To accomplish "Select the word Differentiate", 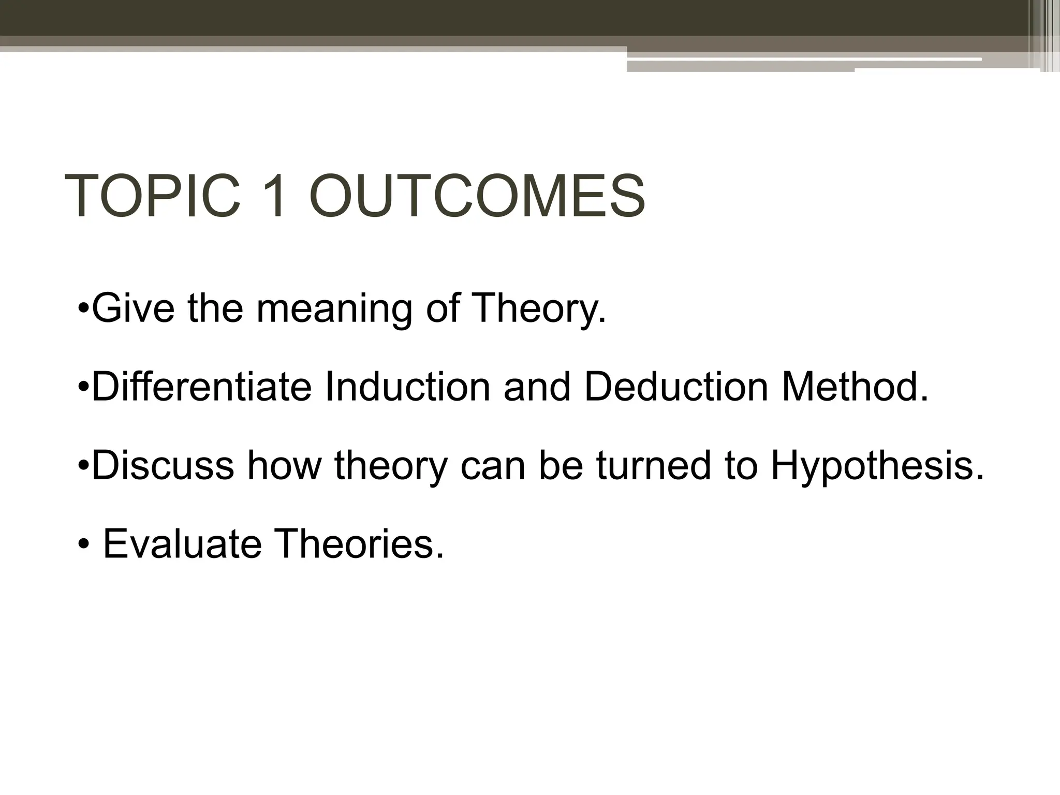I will (x=201, y=387).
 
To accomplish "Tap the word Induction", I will (x=407, y=387).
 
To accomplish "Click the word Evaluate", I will (x=182, y=544).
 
